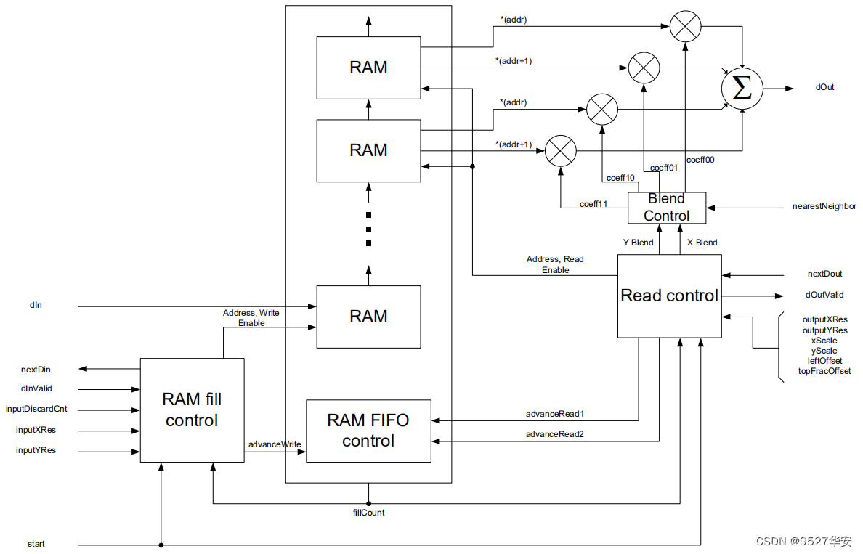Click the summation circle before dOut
point(742,89)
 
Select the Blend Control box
point(667,208)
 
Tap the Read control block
point(669,296)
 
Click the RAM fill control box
point(192,410)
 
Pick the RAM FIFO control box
point(368,431)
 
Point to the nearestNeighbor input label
point(824,207)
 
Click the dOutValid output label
point(824,296)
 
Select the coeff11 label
point(593,204)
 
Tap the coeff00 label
point(700,160)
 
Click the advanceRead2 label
point(556,434)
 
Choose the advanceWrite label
point(275,444)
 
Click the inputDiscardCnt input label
point(36,409)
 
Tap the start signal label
point(36,544)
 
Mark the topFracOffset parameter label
point(824,371)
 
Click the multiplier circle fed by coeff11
point(560,150)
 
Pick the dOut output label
point(824,88)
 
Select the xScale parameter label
point(824,341)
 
